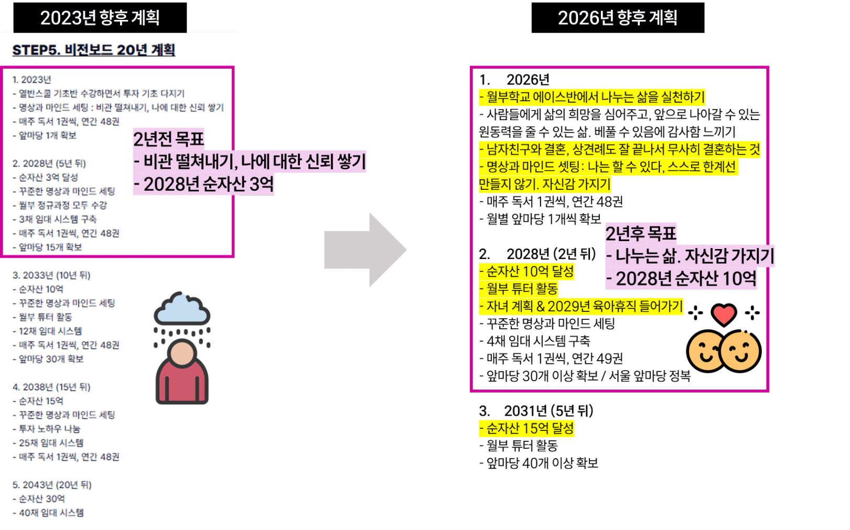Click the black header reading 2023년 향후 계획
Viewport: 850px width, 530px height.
click(100, 18)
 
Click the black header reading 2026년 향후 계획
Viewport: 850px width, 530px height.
click(617, 18)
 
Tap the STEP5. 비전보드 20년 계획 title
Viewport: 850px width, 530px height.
click(93, 50)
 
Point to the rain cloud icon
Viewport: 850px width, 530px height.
click(182, 309)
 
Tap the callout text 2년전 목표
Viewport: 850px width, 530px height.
click(168, 139)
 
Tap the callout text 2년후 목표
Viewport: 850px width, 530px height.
click(641, 233)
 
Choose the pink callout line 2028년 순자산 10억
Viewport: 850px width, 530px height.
click(682, 278)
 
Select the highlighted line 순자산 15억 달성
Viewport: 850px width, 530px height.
click(526, 428)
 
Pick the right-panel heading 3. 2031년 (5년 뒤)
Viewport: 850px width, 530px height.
click(536, 411)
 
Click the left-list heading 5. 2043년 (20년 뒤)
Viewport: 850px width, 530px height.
click(52, 485)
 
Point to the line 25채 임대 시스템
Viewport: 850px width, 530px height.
click(51, 443)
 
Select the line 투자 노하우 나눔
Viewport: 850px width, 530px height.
click(49, 429)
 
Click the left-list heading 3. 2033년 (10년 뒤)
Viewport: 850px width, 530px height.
click(51, 275)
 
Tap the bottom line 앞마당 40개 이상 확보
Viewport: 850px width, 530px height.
click(539, 463)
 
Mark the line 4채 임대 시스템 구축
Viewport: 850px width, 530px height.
click(535, 341)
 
